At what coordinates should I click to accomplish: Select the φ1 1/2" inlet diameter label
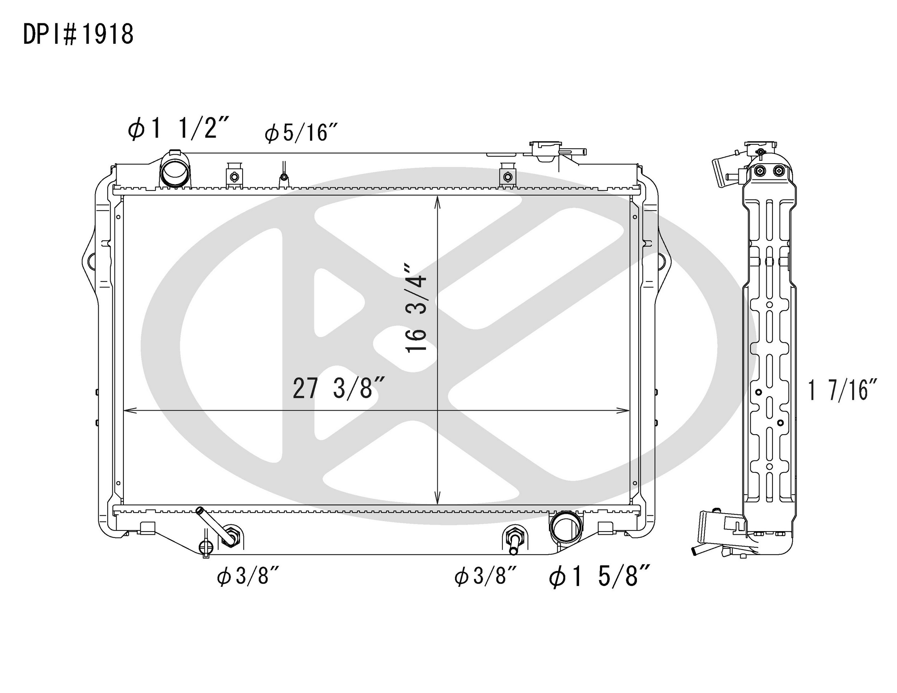point(178,128)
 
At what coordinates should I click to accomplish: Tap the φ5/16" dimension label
point(301,133)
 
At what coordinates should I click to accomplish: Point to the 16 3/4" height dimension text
point(416,308)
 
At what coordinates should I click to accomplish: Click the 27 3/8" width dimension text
point(338,389)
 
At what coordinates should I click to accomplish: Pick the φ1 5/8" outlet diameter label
point(600,576)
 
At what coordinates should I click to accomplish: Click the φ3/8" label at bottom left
point(248,576)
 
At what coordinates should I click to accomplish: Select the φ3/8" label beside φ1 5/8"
point(485,576)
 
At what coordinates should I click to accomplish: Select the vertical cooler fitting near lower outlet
point(515,540)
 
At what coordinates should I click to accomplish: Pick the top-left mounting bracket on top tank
point(234,176)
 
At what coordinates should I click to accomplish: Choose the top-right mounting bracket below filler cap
point(508,176)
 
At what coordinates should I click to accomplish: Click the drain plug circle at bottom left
point(206,546)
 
